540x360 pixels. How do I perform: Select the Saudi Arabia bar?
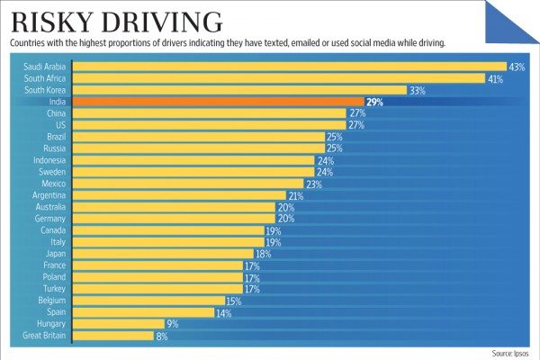point(288,67)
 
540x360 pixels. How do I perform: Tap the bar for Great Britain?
point(112,336)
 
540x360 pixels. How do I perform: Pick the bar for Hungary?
point(117,324)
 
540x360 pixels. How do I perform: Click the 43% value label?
point(517,67)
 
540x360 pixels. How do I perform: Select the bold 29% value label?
point(375,103)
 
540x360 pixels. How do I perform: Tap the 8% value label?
point(163,336)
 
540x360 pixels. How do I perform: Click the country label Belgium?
point(50,301)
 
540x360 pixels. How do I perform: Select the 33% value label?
point(417,91)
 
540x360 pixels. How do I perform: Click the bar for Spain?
point(141,312)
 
